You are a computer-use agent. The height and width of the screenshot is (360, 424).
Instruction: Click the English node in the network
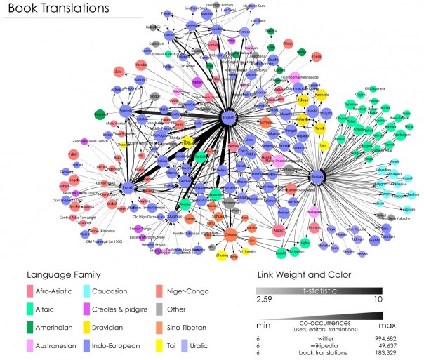click(227, 118)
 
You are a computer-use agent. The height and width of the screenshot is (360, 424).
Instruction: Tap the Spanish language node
click(126, 111)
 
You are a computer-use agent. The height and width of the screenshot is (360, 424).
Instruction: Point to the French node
click(128, 187)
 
